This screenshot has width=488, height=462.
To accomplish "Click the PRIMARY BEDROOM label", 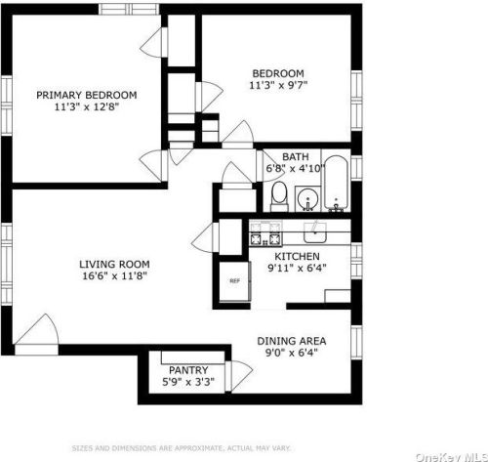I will (86, 95).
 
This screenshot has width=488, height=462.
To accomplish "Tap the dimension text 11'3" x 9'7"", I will (278, 86).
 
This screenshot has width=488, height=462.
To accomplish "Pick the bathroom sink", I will (307, 199).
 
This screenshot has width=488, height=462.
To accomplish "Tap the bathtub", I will (336, 185).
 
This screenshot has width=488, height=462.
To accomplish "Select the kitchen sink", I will (315, 231).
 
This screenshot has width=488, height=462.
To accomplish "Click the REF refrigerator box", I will (234, 280).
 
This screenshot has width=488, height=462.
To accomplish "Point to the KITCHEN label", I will (297, 258).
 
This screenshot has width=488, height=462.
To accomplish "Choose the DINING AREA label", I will (291, 341).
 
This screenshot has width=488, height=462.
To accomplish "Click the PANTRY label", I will (186, 370).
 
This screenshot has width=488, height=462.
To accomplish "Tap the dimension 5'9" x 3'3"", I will (186, 383).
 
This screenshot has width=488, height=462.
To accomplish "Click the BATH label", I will (296, 156).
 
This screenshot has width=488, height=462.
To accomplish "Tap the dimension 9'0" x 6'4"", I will (291, 355).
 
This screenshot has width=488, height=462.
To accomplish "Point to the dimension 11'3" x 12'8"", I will (86, 108).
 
